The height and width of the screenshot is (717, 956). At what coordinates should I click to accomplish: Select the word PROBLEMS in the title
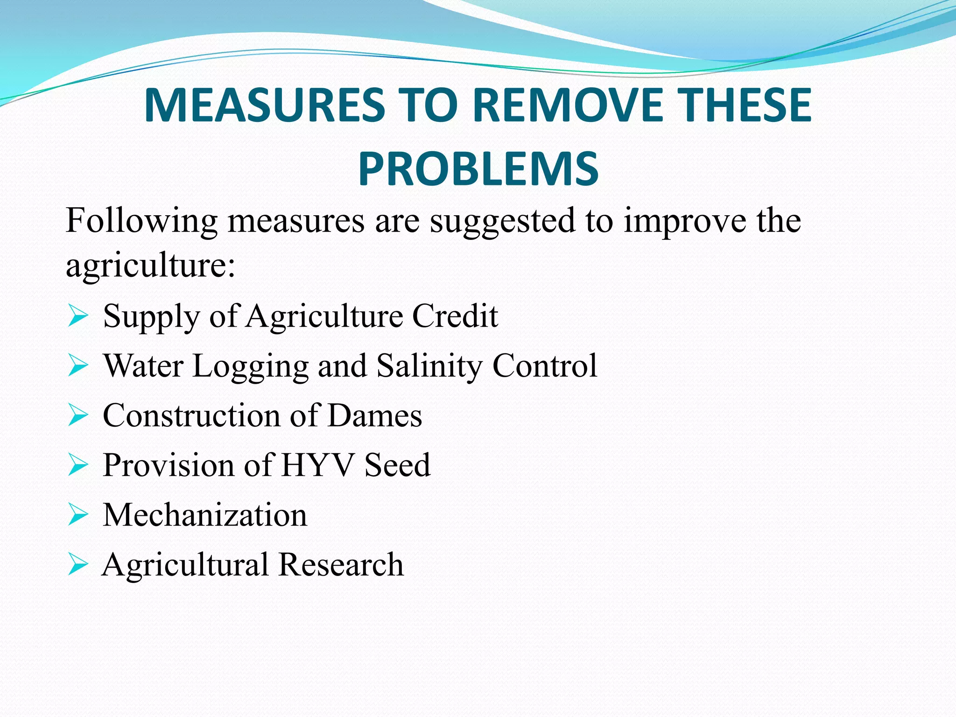[478, 169]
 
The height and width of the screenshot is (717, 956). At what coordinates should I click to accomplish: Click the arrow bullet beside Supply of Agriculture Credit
[77, 316]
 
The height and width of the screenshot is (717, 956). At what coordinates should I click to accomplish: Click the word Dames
[375, 415]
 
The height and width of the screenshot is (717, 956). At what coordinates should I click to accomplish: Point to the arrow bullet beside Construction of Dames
[77, 415]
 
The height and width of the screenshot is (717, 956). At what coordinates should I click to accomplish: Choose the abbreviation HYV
[318, 465]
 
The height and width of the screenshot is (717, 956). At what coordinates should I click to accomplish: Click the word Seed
[397, 465]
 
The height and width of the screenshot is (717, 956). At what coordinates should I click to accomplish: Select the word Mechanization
[205, 515]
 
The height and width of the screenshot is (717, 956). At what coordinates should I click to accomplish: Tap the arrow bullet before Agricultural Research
[77, 564]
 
